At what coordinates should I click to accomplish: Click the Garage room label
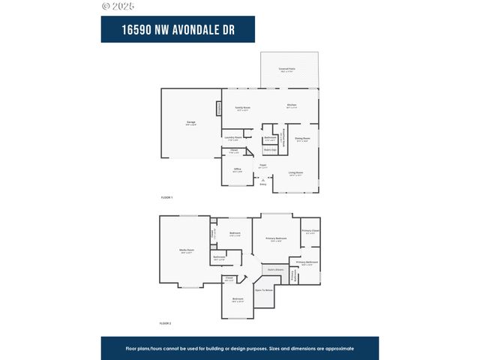pyautogui.click(x=190, y=122)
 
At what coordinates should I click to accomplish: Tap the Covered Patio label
pyautogui.click(x=286, y=68)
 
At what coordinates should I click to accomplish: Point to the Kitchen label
pyautogui.click(x=292, y=105)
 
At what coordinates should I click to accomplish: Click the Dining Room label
pyautogui.click(x=302, y=138)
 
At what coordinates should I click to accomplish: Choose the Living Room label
pyautogui.click(x=295, y=172)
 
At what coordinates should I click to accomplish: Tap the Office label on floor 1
pyautogui.click(x=237, y=169)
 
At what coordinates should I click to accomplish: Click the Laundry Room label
pyautogui.click(x=232, y=137)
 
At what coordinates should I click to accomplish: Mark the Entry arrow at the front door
pyautogui.click(x=263, y=181)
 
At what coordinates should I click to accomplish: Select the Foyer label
pyautogui.click(x=263, y=164)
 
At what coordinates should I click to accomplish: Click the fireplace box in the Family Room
pyautogui.click(x=219, y=109)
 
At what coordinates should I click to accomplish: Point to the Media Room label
pyautogui.click(x=187, y=250)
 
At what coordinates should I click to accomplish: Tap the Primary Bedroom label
pyautogui.click(x=277, y=238)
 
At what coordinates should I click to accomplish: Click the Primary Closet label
pyautogui.click(x=310, y=230)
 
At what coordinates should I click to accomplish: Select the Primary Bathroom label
pyautogui.click(x=307, y=262)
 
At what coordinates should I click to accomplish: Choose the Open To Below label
pyautogui.click(x=263, y=289)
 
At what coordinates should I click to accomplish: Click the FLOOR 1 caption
pyautogui.click(x=166, y=197)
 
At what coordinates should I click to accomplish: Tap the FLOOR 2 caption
pyautogui.click(x=166, y=323)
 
